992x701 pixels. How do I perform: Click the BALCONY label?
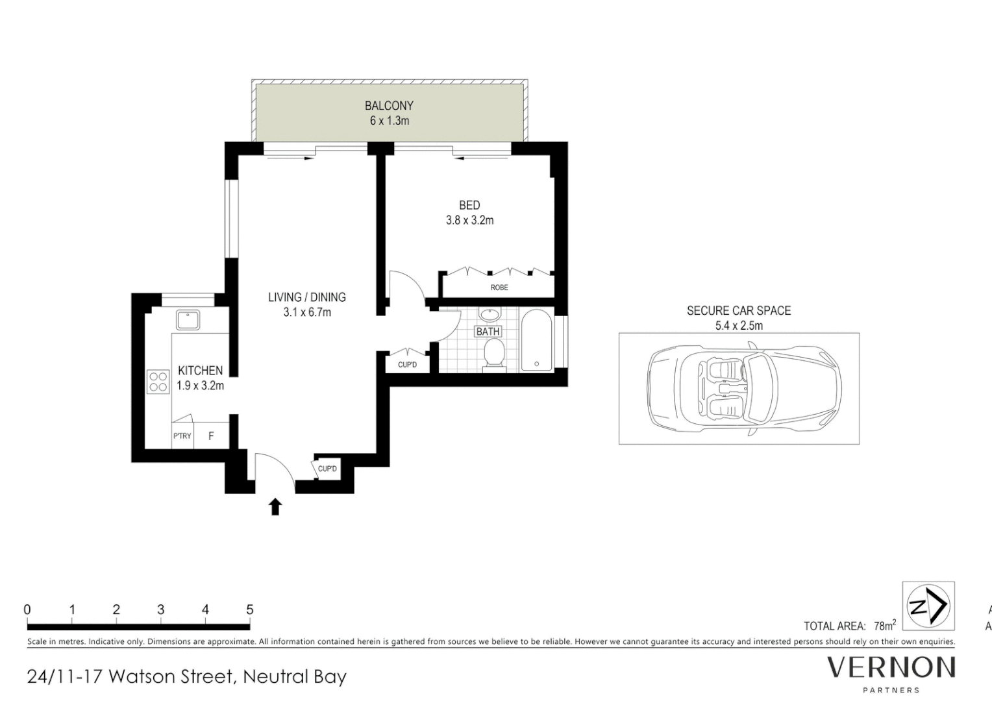389,105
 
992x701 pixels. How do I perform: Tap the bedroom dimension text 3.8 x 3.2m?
469,220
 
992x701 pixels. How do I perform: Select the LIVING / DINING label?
306,297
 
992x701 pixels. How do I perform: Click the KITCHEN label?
200,370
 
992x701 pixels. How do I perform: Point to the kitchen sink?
188,319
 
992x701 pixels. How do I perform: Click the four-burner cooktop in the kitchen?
158,381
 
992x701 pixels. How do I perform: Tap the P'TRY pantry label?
182,436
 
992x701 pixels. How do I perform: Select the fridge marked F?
211,436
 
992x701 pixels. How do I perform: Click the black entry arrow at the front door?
275,506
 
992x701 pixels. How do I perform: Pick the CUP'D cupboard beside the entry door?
327,469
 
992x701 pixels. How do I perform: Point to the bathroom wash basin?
490,315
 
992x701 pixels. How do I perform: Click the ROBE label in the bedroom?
499,287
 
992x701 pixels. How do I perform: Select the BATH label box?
488,332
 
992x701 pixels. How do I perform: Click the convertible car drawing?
744,389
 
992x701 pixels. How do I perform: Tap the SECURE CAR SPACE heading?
739,310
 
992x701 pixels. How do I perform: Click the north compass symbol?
928,606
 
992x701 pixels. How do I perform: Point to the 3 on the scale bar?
160,609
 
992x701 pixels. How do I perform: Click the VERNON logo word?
891,667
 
